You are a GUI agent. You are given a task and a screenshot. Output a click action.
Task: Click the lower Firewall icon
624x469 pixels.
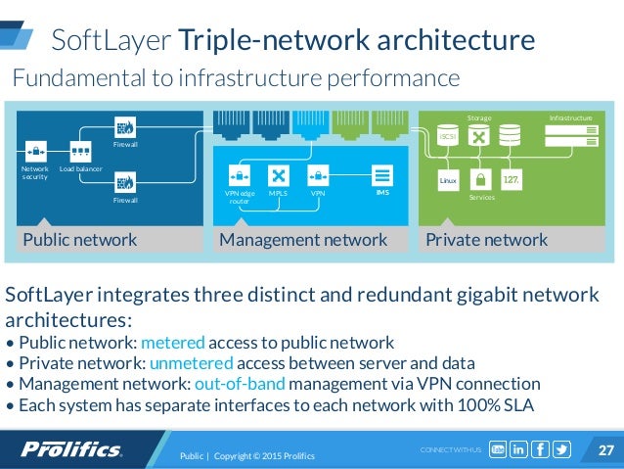coord(124,181)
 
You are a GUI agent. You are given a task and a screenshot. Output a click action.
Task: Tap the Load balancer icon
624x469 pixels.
coord(80,153)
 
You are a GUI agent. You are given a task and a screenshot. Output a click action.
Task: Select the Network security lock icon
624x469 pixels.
coord(34,152)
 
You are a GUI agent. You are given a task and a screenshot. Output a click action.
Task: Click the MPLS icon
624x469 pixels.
coord(278,176)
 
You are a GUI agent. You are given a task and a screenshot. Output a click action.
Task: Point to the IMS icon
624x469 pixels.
coord(382,176)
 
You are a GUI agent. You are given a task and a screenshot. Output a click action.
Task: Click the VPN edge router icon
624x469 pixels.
coord(239,176)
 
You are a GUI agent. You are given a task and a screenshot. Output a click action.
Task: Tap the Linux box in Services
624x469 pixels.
coord(448,180)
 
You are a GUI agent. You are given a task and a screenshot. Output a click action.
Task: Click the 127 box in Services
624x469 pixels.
coord(511,180)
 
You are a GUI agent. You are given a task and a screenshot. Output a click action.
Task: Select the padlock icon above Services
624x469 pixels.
coord(479,180)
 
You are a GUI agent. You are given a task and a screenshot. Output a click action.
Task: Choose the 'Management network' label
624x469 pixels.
coord(303,240)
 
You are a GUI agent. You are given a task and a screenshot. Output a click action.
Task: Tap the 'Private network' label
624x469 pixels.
coord(486,240)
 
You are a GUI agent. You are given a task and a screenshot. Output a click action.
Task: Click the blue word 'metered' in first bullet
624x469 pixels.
coord(173,343)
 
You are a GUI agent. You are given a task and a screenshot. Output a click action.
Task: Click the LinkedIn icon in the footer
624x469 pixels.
coord(517,449)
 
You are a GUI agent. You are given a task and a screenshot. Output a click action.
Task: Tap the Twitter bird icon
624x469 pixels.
coord(560,449)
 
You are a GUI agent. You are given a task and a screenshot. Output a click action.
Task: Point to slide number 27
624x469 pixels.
coord(604,449)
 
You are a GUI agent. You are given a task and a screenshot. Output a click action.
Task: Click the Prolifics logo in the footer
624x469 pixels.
coord(72,449)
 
